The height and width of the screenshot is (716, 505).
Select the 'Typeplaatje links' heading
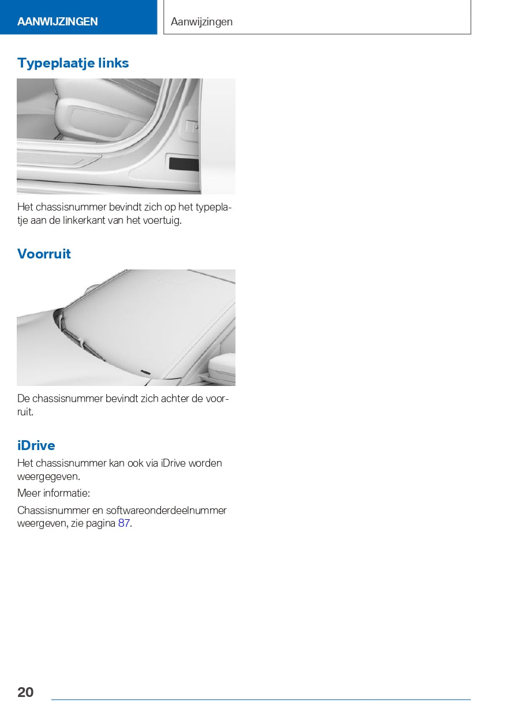73,63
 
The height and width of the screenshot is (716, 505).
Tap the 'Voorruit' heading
44,254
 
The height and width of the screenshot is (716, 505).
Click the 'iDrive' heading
36,445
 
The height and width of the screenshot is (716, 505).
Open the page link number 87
124,524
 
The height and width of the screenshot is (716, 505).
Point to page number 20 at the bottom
25,692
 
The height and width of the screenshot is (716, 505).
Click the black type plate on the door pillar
183,164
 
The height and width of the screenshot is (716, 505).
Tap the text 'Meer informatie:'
54,493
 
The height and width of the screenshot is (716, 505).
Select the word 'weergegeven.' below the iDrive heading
48,477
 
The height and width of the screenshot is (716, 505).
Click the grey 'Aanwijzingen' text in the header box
201,22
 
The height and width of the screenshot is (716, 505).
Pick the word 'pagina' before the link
101,524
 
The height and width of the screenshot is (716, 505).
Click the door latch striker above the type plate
192,127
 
